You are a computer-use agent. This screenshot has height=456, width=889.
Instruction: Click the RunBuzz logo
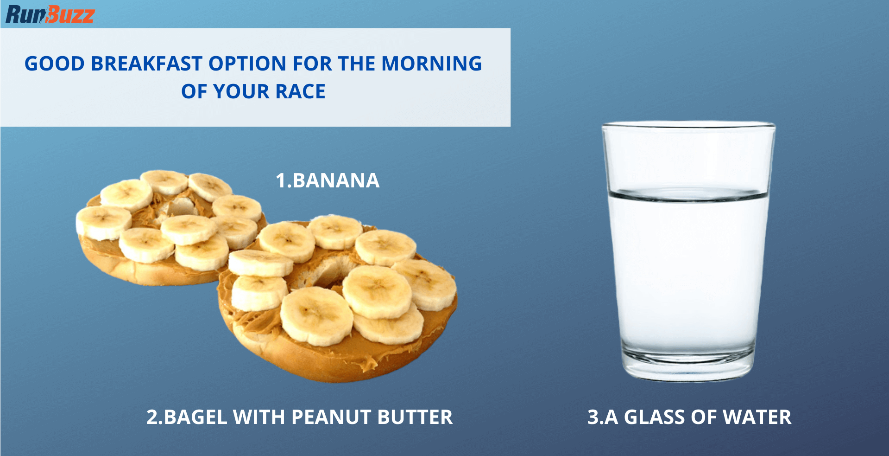point(50,14)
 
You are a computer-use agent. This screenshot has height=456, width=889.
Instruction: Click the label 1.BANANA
point(328,180)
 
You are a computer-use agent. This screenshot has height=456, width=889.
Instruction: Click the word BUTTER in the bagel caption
point(415,417)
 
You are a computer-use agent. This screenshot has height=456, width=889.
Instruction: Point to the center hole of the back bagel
point(178,207)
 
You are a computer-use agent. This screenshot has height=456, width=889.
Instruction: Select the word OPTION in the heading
point(247,64)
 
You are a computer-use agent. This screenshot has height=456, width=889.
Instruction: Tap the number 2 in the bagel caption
point(152,417)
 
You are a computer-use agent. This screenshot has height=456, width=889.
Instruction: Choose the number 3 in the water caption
point(593,417)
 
